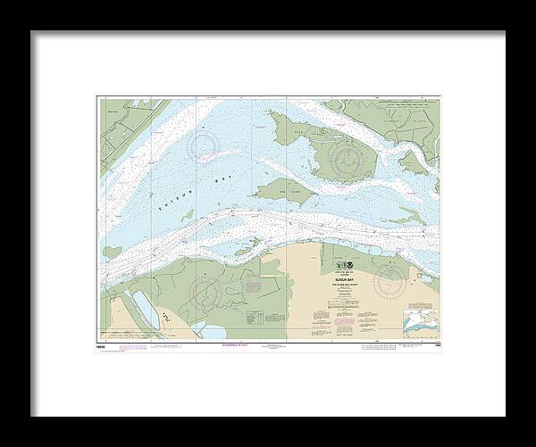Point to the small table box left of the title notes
[255, 316]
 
